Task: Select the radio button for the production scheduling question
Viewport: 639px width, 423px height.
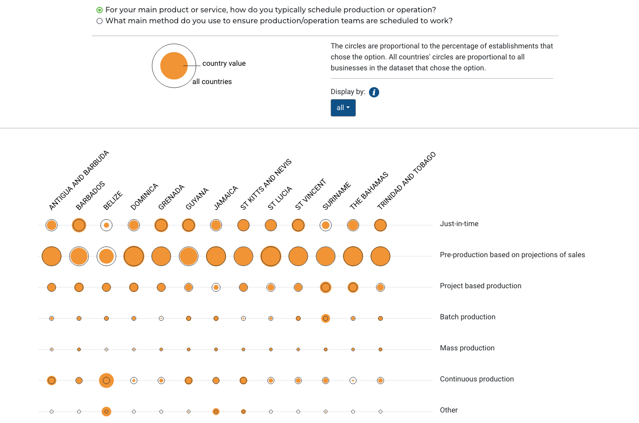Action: click(x=99, y=10)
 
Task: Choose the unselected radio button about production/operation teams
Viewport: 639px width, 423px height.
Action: click(x=99, y=21)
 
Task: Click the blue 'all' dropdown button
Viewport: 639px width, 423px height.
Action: click(x=343, y=108)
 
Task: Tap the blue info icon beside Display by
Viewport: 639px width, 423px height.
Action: click(x=374, y=92)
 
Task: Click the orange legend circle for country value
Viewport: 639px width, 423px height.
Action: click(x=174, y=66)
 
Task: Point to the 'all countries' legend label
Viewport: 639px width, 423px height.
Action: click(x=212, y=82)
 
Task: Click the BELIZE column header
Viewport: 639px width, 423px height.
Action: click(x=113, y=201)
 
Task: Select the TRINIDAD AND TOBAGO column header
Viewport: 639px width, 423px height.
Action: click(x=406, y=181)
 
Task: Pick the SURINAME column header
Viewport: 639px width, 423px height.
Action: click(x=337, y=196)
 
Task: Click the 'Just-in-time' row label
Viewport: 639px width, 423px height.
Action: click(x=459, y=224)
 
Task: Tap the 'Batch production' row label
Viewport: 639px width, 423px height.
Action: click(x=468, y=317)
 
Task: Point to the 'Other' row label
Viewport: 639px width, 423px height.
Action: click(x=449, y=410)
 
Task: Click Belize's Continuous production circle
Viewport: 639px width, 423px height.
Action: click(x=106, y=381)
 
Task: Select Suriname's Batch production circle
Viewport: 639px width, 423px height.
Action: click(x=326, y=318)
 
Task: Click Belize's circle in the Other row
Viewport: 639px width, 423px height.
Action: click(x=106, y=412)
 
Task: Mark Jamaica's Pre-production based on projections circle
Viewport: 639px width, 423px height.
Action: click(x=216, y=256)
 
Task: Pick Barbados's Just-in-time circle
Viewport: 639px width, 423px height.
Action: click(x=79, y=225)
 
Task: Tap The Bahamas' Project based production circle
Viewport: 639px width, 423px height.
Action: click(x=353, y=287)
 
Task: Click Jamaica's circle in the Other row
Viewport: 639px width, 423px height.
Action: click(x=216, y=412)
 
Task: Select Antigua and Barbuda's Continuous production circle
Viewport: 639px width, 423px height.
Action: click(x=52, y=381)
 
